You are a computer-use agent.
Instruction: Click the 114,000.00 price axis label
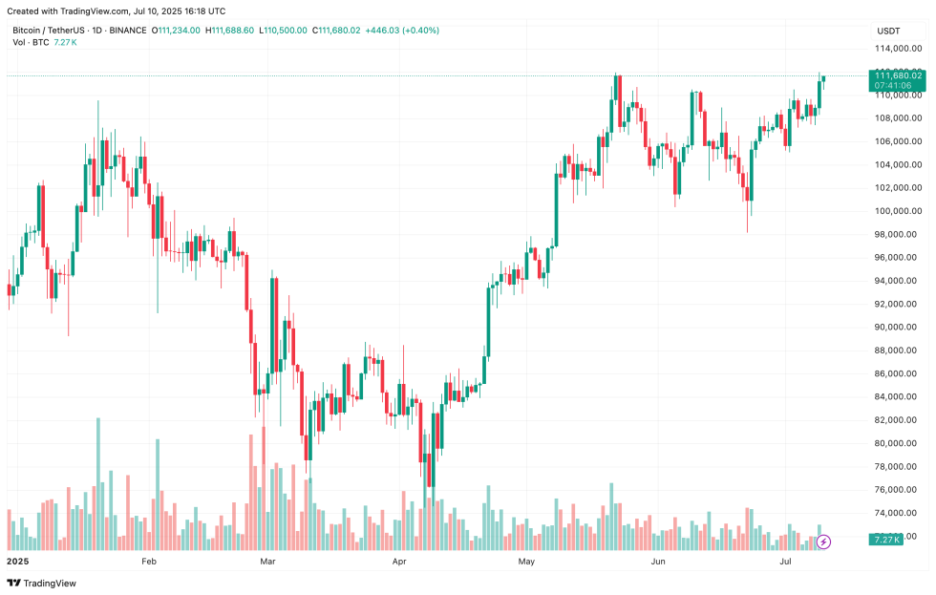[899, 49]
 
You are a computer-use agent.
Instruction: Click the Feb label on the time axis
[148, 563]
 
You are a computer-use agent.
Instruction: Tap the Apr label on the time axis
[399, 563]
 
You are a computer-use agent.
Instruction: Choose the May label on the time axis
[526, 563]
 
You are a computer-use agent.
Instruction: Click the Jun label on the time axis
[658, 563]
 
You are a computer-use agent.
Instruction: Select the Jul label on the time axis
[786, 563]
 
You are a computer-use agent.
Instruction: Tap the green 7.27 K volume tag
[885, 541]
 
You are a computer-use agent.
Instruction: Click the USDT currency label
[888, 31]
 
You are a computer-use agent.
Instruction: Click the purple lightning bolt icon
[824, 542]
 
